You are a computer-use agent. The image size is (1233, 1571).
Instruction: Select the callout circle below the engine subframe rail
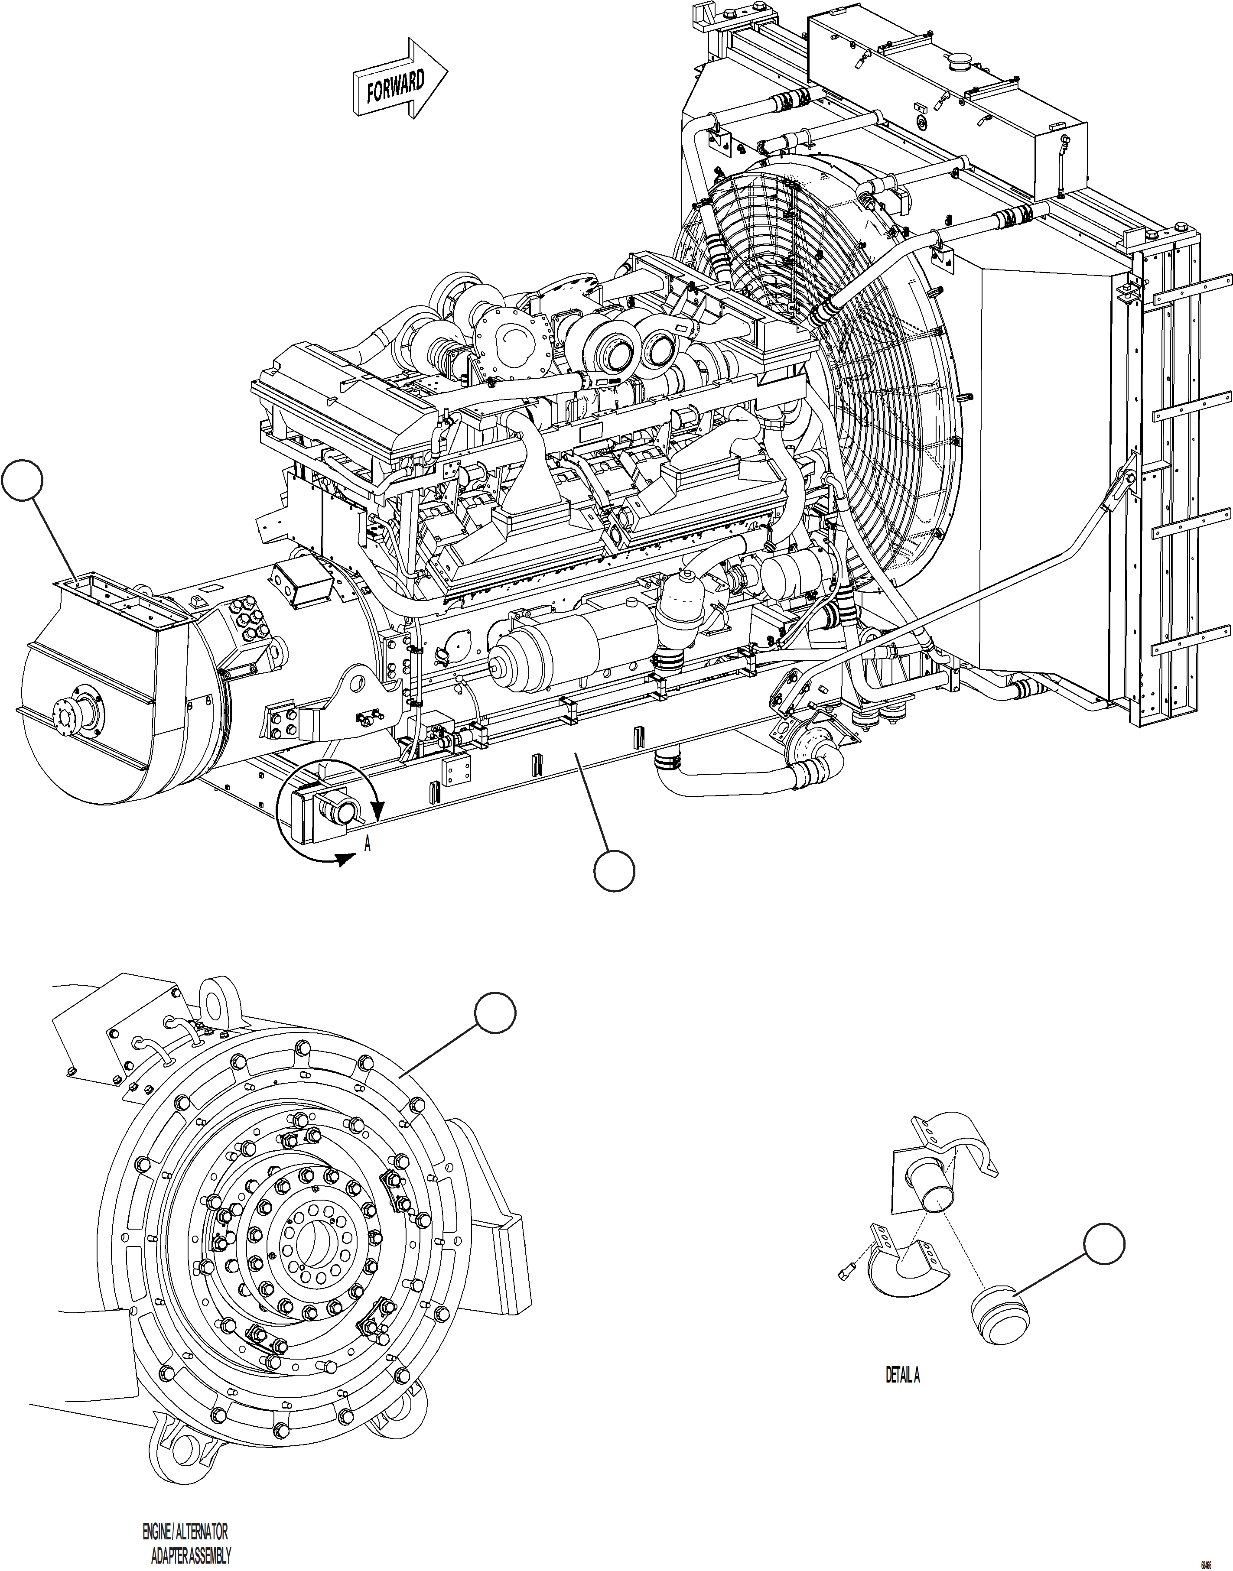(x=615, y=871)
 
